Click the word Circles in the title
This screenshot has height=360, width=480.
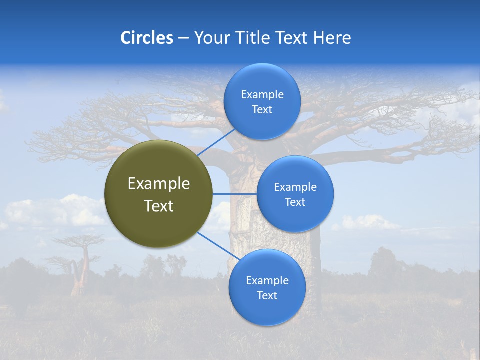[x=146, y=38]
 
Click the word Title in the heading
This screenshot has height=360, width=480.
[x=250, y=38]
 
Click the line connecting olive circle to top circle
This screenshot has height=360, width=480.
[x=216, y=142]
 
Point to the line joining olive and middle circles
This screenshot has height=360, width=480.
[x=234, y=194]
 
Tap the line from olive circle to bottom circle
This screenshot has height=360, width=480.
[x=218, y=246]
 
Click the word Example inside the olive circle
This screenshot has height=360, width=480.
[x=159, y=184]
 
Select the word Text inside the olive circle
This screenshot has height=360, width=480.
[x=159, y=206]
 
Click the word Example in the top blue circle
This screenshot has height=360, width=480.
[x=262, y=94]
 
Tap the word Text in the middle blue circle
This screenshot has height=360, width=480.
[x=295, y=202]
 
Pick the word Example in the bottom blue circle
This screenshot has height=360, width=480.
[x=267, y=280]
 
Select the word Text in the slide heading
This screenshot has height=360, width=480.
[x=292, y=38]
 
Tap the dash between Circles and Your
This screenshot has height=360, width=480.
[x=183, y=38]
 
